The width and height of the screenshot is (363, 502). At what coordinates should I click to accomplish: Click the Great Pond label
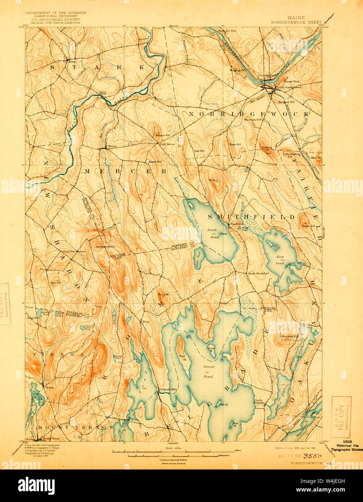coord(209,371)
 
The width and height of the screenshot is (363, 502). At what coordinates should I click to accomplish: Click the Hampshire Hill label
coord(105,247)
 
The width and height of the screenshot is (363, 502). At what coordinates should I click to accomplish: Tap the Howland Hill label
coord(291,336)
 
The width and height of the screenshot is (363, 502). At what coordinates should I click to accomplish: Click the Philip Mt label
coord(163,295)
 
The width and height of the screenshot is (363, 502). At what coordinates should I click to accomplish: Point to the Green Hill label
coord(308,226)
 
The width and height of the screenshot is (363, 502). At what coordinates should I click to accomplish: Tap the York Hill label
coord(56,282)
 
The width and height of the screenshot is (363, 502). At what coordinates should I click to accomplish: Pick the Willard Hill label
coord(162,135)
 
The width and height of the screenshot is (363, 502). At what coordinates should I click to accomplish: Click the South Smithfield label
coord(258,273)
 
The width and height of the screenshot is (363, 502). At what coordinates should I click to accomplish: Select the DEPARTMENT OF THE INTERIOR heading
coord(55,13)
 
